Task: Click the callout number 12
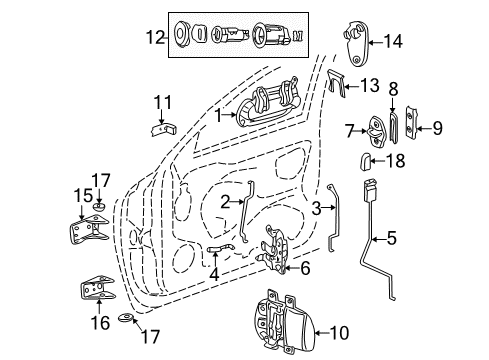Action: (152, 39)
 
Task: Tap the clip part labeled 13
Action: (334, 85)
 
